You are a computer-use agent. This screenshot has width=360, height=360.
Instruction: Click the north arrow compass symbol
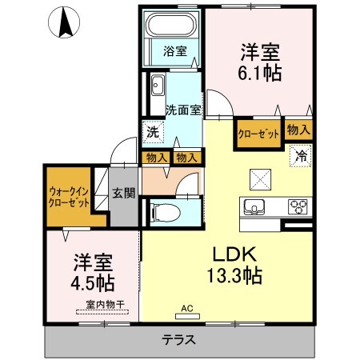point(64,22)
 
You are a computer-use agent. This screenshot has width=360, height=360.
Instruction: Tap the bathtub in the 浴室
point(170,24)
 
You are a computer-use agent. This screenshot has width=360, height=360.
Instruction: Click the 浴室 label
point(175,51)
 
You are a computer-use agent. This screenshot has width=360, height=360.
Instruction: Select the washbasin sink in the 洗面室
point(158,85)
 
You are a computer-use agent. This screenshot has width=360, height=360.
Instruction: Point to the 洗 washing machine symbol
point(153,132)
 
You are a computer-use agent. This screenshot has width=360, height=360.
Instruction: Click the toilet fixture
point(166,213)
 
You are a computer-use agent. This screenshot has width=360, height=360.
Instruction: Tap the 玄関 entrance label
point(124,193)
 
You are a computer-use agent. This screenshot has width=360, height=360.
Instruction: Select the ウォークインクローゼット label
point(69,198)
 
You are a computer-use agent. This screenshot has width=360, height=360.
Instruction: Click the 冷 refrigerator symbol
point(301,156)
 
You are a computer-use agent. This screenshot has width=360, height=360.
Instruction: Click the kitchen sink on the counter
point(254,206)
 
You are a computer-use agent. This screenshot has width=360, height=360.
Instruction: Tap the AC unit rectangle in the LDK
point(187,316)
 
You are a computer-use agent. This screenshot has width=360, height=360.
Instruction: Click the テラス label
point(179,340)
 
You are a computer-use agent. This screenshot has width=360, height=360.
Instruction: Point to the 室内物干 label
point(106,304)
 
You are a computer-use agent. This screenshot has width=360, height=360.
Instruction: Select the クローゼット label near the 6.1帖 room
point(258,134)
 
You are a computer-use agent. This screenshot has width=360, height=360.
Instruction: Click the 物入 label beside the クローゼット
point(298,130)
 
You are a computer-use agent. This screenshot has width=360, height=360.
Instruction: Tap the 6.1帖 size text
point(260,73)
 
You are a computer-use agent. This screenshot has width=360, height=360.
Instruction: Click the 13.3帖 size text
point(234,275)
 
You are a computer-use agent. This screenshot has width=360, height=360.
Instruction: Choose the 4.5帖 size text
point(93,282)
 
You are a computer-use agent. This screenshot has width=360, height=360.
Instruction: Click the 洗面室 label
point(183,110)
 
